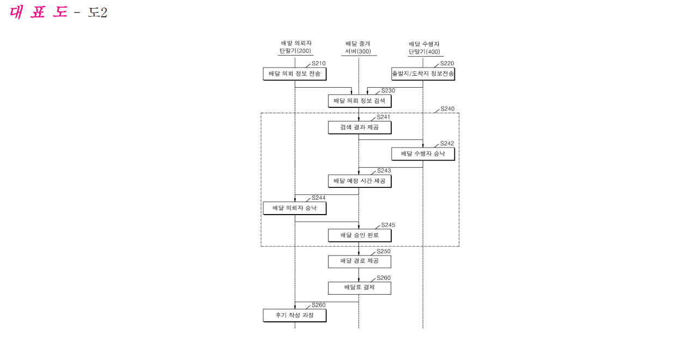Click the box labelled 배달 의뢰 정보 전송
pyautogui.click(x=294, y=74)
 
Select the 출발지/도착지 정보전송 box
pyautogui.click(x=423, y=74)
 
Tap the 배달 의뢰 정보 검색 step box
pyautogui.click(x=360, y=101)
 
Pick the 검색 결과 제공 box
pyautogui.click(x=360, y=127)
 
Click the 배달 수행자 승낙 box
pyautogui.click(x=423, y=154)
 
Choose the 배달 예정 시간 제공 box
pyautogui.click(x=360, y=181)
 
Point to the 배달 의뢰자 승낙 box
pyautogui.click(x=294, y=208)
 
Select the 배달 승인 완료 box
pyautogui.click(x=360, y=235)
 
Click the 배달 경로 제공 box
pyautogui.click(x=360, y=261)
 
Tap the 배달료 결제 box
pyautogui.click(x=360, y=288)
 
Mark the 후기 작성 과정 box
pyautogui.click(x=294, y=315)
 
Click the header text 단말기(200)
pyautogui.click(x=295, y=51)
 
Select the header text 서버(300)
pyautogui.click(x=358, y=51)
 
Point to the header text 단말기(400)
pyautogui.click(x=424, y=52)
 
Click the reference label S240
pyautogui.click(x=447, y=109)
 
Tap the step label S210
pyautogui.click(x=318, y=63)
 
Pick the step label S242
pyautogui.click(x=447, y=143)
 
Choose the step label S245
pyautogui.click(x=389, y=225)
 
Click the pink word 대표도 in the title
pyautogui.click(x=38, y=12)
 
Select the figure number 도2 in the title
pyautogui.click(x=98, y=13)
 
